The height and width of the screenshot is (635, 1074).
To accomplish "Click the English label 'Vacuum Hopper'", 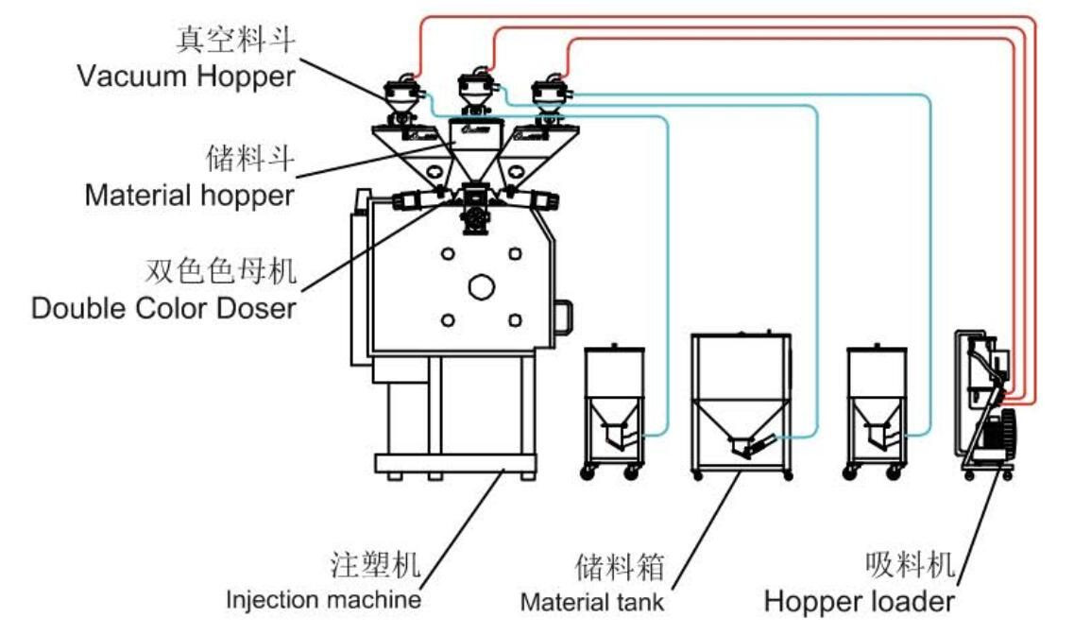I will (186, 77).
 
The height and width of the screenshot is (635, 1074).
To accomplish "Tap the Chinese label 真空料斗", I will (235, 41).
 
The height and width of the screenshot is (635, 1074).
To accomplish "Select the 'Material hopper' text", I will (189, 196).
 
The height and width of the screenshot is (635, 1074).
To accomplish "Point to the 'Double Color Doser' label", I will (163, 308).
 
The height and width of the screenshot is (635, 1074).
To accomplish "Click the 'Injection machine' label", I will (323, 599).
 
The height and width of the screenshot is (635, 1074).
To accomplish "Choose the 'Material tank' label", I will (592, 601).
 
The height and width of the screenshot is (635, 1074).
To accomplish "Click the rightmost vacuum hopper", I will (547, 95).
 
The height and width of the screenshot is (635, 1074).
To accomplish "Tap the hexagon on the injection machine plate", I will (481, 285).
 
